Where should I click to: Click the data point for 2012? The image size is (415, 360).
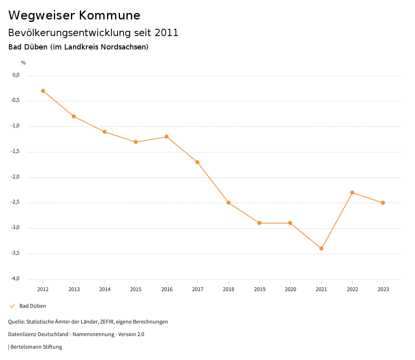coord(43,91)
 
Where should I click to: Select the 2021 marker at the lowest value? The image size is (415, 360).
coord(321,249)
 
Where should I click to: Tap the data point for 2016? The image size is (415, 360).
coord(167,137)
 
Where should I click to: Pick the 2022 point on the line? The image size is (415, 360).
coord(352,193)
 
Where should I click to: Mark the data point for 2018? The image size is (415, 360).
coord(229,203)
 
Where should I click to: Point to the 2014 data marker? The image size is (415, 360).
coord(105,132)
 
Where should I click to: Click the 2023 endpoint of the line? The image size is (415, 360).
coord(383,203)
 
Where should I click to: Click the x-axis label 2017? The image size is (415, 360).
coord(197,289)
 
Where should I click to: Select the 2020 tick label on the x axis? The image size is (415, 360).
coord(290,289)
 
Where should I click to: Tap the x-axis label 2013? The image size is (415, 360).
coord(74,289)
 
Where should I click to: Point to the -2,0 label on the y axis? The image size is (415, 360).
coord(16,177)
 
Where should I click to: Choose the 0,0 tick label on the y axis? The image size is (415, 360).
coord(16,75)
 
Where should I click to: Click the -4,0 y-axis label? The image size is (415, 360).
coord(16,279)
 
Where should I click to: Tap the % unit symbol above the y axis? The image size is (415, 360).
coord(24,63)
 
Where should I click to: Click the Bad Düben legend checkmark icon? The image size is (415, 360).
coord(12,306)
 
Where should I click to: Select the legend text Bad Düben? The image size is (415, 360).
coord(33,306)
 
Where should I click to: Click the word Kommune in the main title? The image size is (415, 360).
coord(109,15)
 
